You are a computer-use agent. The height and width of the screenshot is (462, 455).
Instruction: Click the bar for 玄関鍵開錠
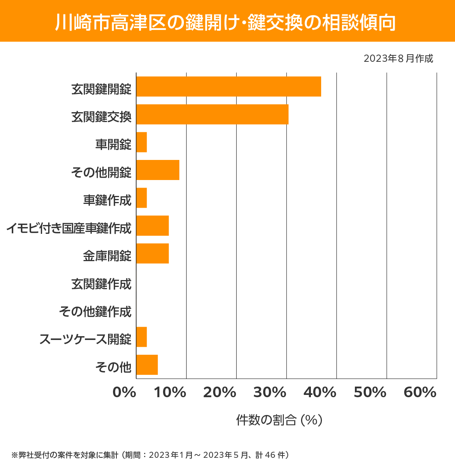point(229,86)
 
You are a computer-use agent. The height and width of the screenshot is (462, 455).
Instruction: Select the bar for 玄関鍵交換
point(212,114)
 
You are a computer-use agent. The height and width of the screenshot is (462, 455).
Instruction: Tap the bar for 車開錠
point(141,142)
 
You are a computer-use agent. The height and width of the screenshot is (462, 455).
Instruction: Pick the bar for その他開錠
point(158,170)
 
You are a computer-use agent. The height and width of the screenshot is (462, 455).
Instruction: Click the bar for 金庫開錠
point(152,253)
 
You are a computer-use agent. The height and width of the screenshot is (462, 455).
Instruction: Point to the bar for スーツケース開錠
point(141,337)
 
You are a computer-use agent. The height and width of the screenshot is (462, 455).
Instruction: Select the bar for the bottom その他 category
point(147,365)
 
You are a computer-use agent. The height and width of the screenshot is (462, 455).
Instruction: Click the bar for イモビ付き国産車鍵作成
point(152,226)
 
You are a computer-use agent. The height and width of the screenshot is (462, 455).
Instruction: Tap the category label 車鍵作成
point(107,200)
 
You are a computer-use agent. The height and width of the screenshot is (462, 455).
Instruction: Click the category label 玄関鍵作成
point(101,283)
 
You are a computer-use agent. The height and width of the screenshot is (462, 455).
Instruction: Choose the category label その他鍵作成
point(95,312)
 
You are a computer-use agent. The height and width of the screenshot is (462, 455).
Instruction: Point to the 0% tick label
point(124,393)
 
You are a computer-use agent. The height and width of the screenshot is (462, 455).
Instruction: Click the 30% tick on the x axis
point(270,393)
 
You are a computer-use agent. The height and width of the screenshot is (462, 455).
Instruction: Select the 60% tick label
point(420,393)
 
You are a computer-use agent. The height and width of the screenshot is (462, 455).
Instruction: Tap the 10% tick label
point(170,393)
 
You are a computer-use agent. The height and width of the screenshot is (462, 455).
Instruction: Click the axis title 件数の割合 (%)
point(279,420)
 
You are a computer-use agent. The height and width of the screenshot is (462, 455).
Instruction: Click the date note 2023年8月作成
point(398,59)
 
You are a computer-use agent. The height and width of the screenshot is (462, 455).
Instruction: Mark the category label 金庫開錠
point(107,256)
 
